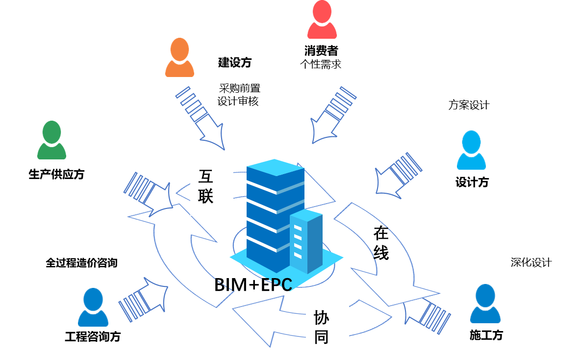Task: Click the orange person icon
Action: [x=179, y=57]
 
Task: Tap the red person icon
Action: [x=322, y=20]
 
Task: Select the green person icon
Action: [x=51, y=140]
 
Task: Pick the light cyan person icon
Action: [x=471, y=150]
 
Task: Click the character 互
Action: [x=206, y=177]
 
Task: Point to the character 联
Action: [x=206, y=196]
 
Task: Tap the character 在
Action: [x=381, y=233]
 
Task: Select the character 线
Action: [x=381, y=253]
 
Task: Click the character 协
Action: [x=321, y=318]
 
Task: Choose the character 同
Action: [x=321, y=337]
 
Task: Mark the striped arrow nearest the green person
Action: [x=147, y=194]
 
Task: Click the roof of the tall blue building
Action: [x=276, y=167]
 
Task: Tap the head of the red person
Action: [x=322, y=11]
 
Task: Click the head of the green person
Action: [x=51, y=131]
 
